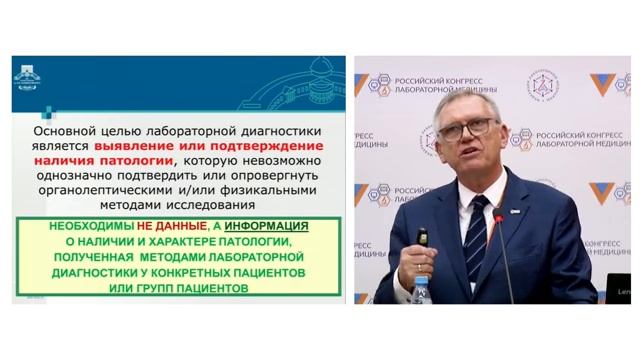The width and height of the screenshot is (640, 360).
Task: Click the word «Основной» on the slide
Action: pyautogui.click(x=65, y=130)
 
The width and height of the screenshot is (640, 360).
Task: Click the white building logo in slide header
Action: pyautogui.click(x=27, y=78)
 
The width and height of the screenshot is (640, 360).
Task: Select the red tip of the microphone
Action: pyautogui.click(x=498, y=214)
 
